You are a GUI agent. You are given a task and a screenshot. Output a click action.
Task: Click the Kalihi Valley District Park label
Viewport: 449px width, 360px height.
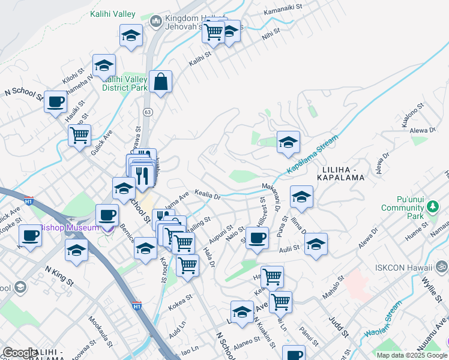[x=125, y=83]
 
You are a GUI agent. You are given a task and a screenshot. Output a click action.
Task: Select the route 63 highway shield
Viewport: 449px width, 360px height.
[x=147, y=112]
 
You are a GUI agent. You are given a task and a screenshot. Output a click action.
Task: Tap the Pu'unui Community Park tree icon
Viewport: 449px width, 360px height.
[x=433, y=207]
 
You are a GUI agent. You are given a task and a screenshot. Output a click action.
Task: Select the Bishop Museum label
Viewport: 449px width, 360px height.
[x=69, y=228]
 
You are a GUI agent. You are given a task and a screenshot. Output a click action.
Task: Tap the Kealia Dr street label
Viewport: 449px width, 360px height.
[x=209, y=195]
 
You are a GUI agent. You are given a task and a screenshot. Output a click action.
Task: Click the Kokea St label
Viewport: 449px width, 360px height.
[x=180, y=298]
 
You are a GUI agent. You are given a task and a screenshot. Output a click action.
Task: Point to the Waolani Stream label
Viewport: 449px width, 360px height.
[x=381, y=322]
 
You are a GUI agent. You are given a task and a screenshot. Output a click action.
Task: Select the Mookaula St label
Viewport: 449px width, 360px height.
[x=99, y=332]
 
